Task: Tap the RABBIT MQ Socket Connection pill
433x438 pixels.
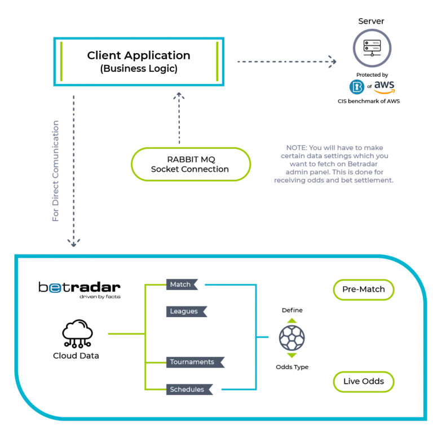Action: click(x=191, y=164)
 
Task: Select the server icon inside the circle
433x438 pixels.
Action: click(x=372, y=48)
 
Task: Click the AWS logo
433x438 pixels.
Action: click(x=385, y=87)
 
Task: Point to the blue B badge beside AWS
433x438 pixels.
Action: click(x=357, y=87)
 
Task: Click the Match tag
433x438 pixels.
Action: click(x=182, y=284)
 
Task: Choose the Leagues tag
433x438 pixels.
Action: click(x=187, y=312)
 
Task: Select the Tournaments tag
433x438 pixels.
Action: click(x=195, y=362)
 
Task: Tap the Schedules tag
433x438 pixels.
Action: click(x=189, y=389)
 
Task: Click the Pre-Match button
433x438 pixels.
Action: click(x=364, y=290)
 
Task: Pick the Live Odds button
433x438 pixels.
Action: click(x=364, y=382)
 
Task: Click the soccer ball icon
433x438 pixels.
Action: click(x=292, y=338)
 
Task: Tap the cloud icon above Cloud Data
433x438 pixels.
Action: click(x=77, y=334)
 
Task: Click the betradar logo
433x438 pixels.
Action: click(x=79, y=290)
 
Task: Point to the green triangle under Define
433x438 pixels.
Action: click(x=292, y=321)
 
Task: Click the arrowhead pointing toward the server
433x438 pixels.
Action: click(x=333, y=62)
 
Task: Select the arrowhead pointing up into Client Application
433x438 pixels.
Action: click(x=179, y=96)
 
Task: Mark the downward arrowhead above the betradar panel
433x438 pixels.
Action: click(x=74, y=243)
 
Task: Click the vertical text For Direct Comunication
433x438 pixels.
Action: click(x=55, y=171)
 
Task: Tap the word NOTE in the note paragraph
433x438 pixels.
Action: click(x=296, y=148)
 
